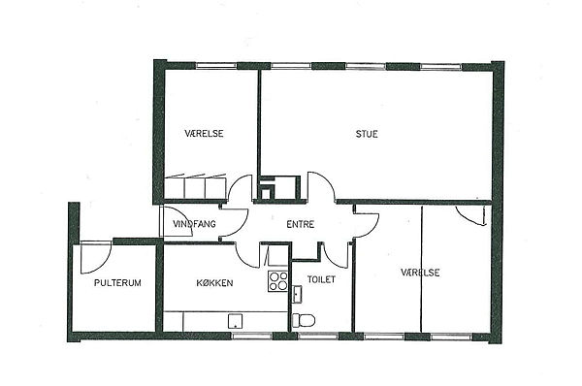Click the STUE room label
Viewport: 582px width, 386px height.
367,134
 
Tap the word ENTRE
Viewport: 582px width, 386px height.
301,224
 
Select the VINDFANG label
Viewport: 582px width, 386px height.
194,224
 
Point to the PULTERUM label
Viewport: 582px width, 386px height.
117,283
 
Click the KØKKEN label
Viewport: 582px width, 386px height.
214,283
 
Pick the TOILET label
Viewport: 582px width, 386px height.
321,279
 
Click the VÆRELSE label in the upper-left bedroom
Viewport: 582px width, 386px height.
204,133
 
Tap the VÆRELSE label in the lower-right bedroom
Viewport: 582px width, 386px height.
420,273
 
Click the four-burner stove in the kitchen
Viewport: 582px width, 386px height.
278,281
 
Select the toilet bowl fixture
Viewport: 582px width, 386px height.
304,320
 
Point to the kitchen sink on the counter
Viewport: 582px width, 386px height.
235,321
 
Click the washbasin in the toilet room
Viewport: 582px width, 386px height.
297,295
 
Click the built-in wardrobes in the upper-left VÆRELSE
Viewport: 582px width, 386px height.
195,186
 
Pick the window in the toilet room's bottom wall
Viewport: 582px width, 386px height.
318,336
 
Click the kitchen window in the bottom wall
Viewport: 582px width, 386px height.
252,336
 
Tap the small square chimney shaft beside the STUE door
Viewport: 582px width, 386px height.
267,193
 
